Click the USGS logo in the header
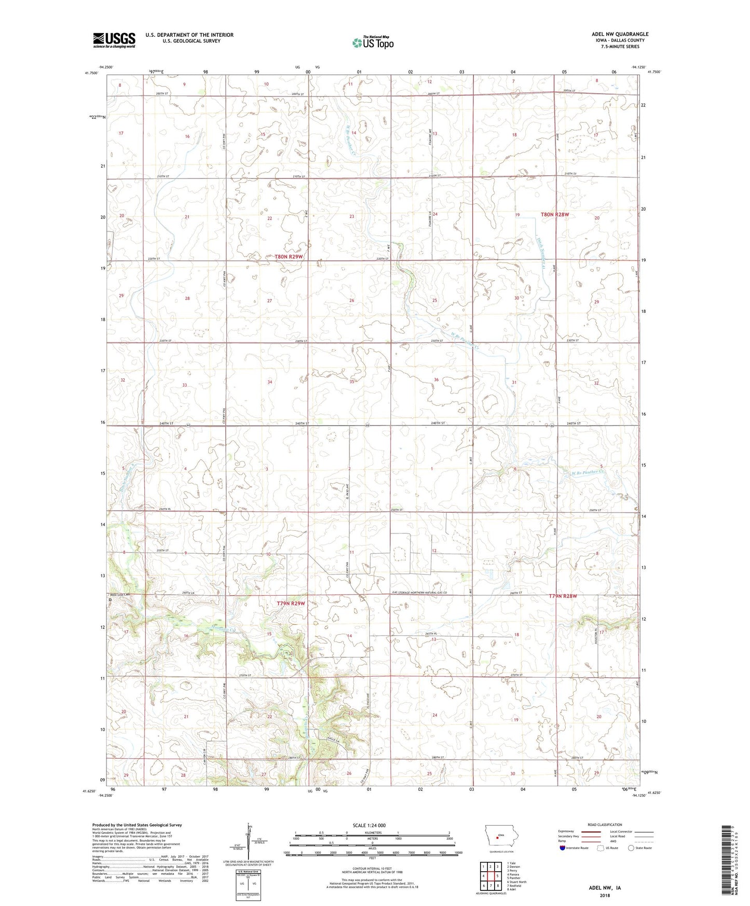tap(114, 40)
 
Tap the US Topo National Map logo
tap(372, 43)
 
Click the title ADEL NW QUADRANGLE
tap(620, 34)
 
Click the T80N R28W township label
tap(558, 214)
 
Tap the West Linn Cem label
tap(119, 595)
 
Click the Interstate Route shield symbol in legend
tap(563, 848)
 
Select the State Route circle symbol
tap(631, 848)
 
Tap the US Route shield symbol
tap(601, 848)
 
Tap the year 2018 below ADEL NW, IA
tap(605, 895)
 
